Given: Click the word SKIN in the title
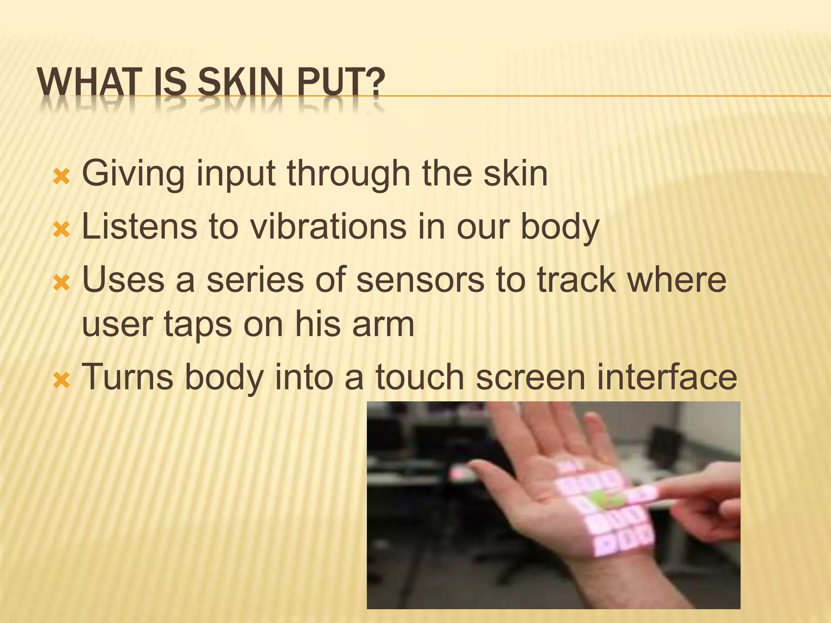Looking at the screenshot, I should (x=239, y=83).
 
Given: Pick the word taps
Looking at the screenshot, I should (x=197, y=325).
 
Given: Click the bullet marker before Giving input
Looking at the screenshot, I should (x=62, y=177).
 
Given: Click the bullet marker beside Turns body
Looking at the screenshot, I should (x=62, y=381).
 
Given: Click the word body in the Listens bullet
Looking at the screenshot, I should (x=560, y=227).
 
